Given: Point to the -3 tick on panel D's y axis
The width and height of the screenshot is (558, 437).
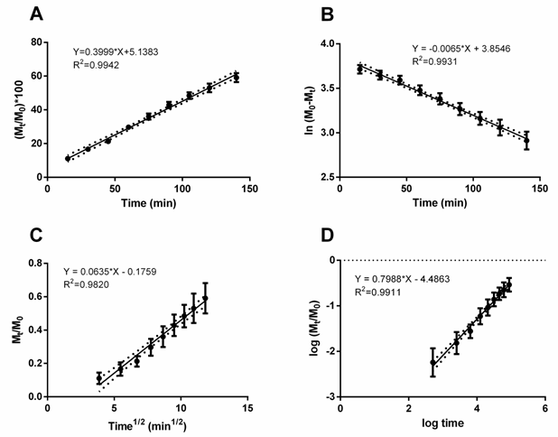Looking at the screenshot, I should pos(330,396).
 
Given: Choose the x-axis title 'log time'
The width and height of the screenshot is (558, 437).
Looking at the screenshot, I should pos(442,423).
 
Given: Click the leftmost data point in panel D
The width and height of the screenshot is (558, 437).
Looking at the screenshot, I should pos(432,362).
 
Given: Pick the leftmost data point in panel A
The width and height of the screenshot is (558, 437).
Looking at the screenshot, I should pos(68,159).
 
